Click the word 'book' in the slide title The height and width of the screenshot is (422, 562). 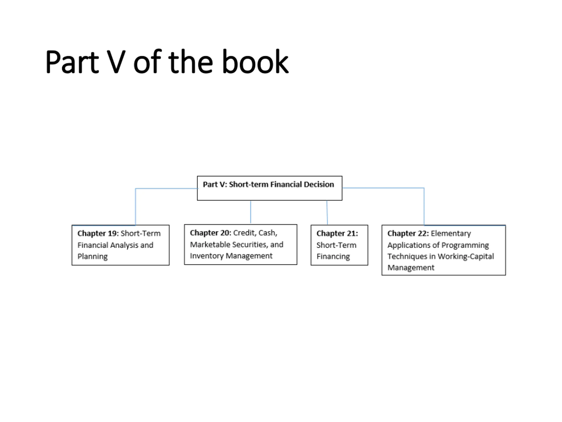[x=255, y=62]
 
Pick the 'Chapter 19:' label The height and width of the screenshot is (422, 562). [x=98, y=233]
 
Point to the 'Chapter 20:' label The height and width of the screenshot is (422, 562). [x=210, y=233]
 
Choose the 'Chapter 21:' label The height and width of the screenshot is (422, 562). [x=337, y=233]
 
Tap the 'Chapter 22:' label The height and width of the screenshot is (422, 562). [x=408, y=233]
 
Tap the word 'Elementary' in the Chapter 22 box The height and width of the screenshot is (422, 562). [x=451, y=233]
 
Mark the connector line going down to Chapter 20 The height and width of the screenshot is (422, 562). [x=250, y=212]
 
